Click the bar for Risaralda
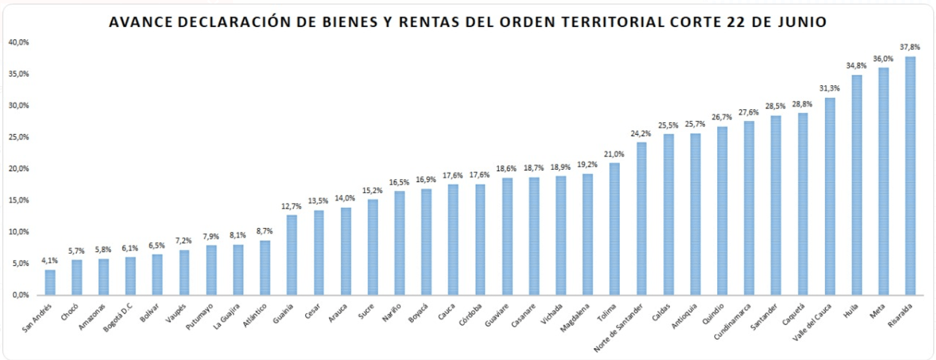pos(910,175)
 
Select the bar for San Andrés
pos(50,282)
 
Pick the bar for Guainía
pos(292,255)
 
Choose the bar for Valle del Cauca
pos(829,196)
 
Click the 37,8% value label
pos(910,47)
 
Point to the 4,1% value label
pos(50,261)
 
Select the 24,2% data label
pos(641,133)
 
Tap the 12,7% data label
pos(292,206)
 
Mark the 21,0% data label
pos(614,154)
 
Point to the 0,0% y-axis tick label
pos(21,295)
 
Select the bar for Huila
pos(856,185)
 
